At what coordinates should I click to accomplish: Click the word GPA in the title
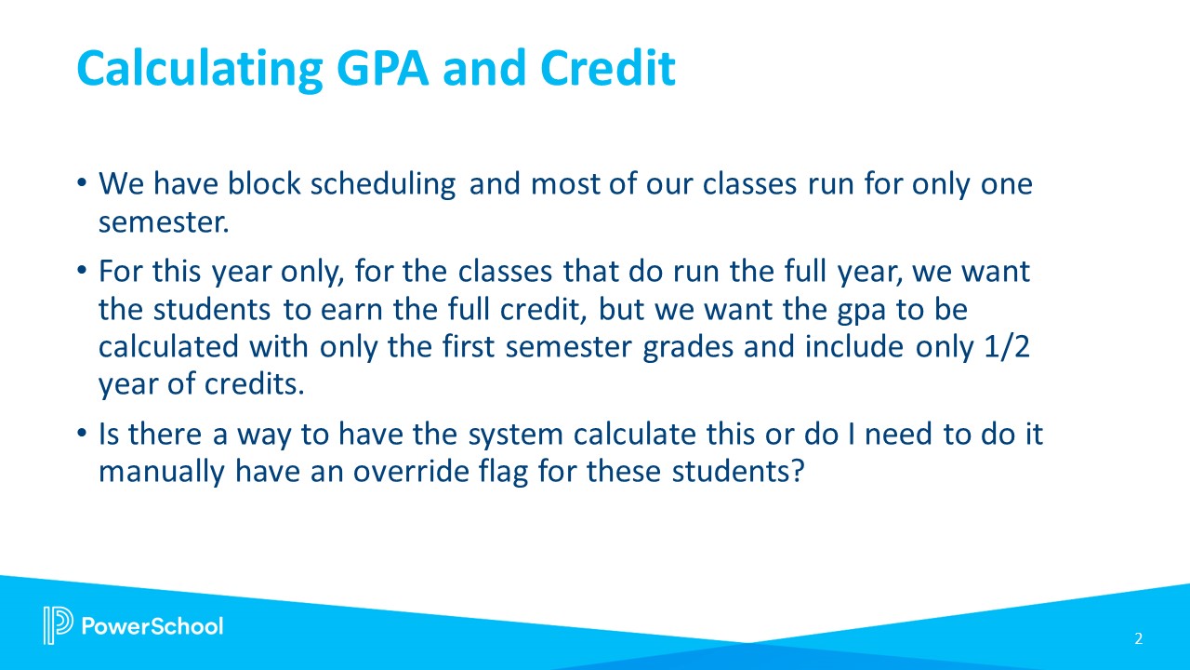pos(382,68)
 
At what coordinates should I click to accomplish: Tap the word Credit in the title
pos(608,68)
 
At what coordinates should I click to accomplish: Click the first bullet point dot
pos(81,183)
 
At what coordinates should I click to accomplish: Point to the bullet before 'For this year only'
pos(81,271)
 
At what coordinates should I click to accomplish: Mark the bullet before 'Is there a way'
pos(81,433)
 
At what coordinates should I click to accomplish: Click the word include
pos(853,346)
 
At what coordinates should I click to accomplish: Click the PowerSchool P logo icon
pos(58,624)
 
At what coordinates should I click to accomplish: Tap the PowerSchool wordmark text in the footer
pos(152,626)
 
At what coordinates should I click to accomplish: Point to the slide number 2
pos(1139,638)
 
